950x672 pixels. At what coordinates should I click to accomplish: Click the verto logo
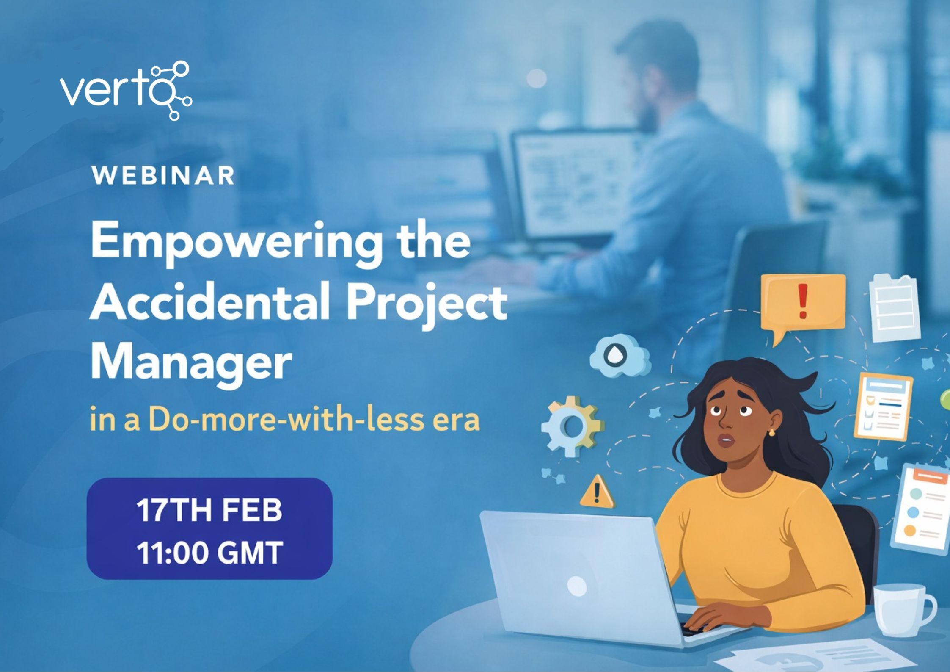[126, 91]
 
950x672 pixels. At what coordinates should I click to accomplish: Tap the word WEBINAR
[163, 176]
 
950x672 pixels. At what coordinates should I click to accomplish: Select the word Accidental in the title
[209, 303]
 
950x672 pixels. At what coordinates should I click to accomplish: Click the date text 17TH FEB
[209, 510]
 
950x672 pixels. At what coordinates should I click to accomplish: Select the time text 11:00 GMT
[209, 553]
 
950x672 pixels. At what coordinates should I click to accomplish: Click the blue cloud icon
[620, 356]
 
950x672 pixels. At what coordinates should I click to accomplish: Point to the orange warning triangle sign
[597, 493]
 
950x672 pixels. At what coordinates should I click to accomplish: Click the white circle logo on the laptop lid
[576, 586]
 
